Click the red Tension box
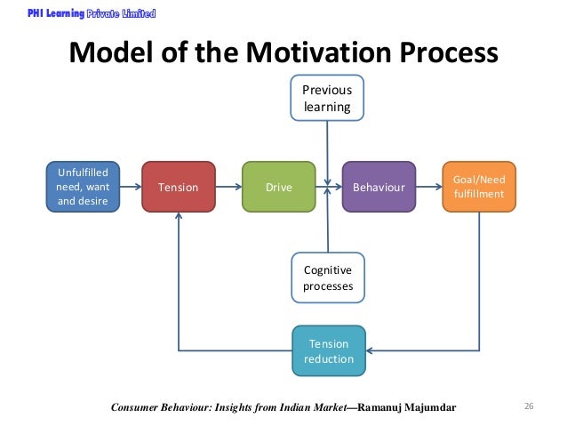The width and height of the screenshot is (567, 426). click(179, 187)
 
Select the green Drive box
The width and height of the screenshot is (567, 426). click(278, 187)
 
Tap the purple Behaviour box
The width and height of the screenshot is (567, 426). click(379, 187)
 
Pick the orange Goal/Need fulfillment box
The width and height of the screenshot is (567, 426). click(478, 187)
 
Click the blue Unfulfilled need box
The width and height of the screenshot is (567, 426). click(82, 187)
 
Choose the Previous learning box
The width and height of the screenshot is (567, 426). click(327, 99)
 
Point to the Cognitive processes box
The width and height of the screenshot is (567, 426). click(327, 277)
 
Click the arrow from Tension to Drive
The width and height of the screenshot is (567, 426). click(228, 187)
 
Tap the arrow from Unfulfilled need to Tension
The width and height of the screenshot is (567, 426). click(130, 187)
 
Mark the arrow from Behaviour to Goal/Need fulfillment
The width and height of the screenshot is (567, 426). click(428, 187)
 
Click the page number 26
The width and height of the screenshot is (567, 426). click(529, 407)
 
